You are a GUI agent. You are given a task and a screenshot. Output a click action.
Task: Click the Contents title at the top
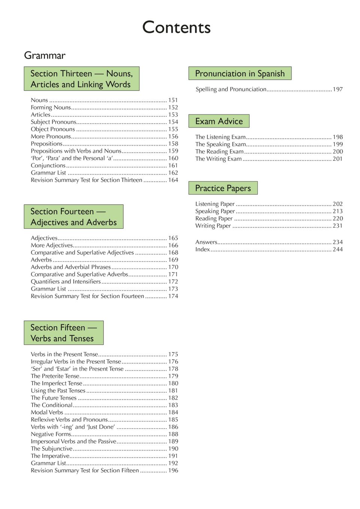pos(176,27)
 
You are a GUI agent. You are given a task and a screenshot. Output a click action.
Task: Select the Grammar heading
pos(45,55)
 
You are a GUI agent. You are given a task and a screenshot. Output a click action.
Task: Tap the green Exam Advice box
pos(219,121)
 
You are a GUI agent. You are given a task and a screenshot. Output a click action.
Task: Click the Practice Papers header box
pos(223,188)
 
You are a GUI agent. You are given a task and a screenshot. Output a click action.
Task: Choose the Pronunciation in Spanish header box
pos(240,73)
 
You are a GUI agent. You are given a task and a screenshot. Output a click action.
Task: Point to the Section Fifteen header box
pos(63,333)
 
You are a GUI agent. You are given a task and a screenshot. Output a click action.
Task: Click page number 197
pos(338,89)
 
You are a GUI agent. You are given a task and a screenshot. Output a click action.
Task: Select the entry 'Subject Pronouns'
pos(53,122)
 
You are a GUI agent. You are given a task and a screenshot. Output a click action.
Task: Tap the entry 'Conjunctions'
pos(48,165)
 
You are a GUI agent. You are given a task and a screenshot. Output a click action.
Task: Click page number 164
pos(173,180)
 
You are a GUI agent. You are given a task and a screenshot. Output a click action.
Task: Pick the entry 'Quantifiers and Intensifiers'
pos(66,281)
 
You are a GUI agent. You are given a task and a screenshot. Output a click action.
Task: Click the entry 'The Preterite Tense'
pos(55,376)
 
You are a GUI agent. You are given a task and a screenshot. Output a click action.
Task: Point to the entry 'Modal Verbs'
pos(47,412)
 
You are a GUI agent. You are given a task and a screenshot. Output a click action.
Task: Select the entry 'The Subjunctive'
pos(52,448)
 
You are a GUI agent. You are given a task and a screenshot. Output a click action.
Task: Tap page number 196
pos(173,470)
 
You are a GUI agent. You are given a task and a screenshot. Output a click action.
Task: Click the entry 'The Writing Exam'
pos(218,159)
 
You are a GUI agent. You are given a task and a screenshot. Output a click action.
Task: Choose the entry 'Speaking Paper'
pos(215,211)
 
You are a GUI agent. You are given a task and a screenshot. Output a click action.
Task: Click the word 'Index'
pos(202,249)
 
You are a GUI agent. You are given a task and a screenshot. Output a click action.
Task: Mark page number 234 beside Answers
pos(338,242)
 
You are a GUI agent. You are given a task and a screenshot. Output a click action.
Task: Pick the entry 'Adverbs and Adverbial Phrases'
pos(71,267)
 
